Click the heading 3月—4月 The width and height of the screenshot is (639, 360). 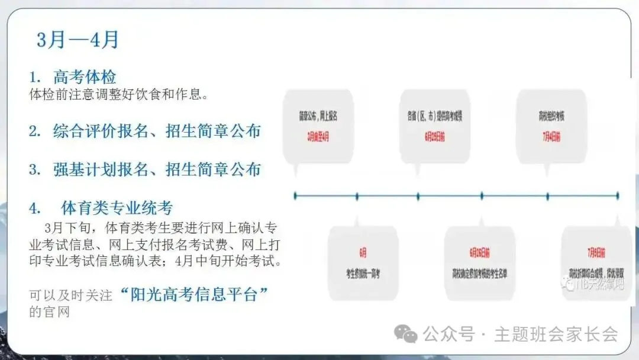pos(78,40)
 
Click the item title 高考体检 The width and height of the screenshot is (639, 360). pos(85,77)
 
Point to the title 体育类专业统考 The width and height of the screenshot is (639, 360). pos(117,208)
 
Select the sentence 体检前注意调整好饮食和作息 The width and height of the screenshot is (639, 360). pos(118,95)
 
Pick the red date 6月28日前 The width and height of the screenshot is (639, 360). pos(482,252)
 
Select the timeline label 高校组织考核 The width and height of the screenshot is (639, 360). pos(550,117)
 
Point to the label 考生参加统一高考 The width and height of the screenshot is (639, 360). pos(363,274)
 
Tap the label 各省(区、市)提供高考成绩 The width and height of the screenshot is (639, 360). pos(434,117)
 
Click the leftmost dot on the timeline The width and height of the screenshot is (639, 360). pos(295,195)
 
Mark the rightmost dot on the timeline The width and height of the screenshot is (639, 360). pos(617,195)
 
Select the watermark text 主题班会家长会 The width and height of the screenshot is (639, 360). pos(556,335)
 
